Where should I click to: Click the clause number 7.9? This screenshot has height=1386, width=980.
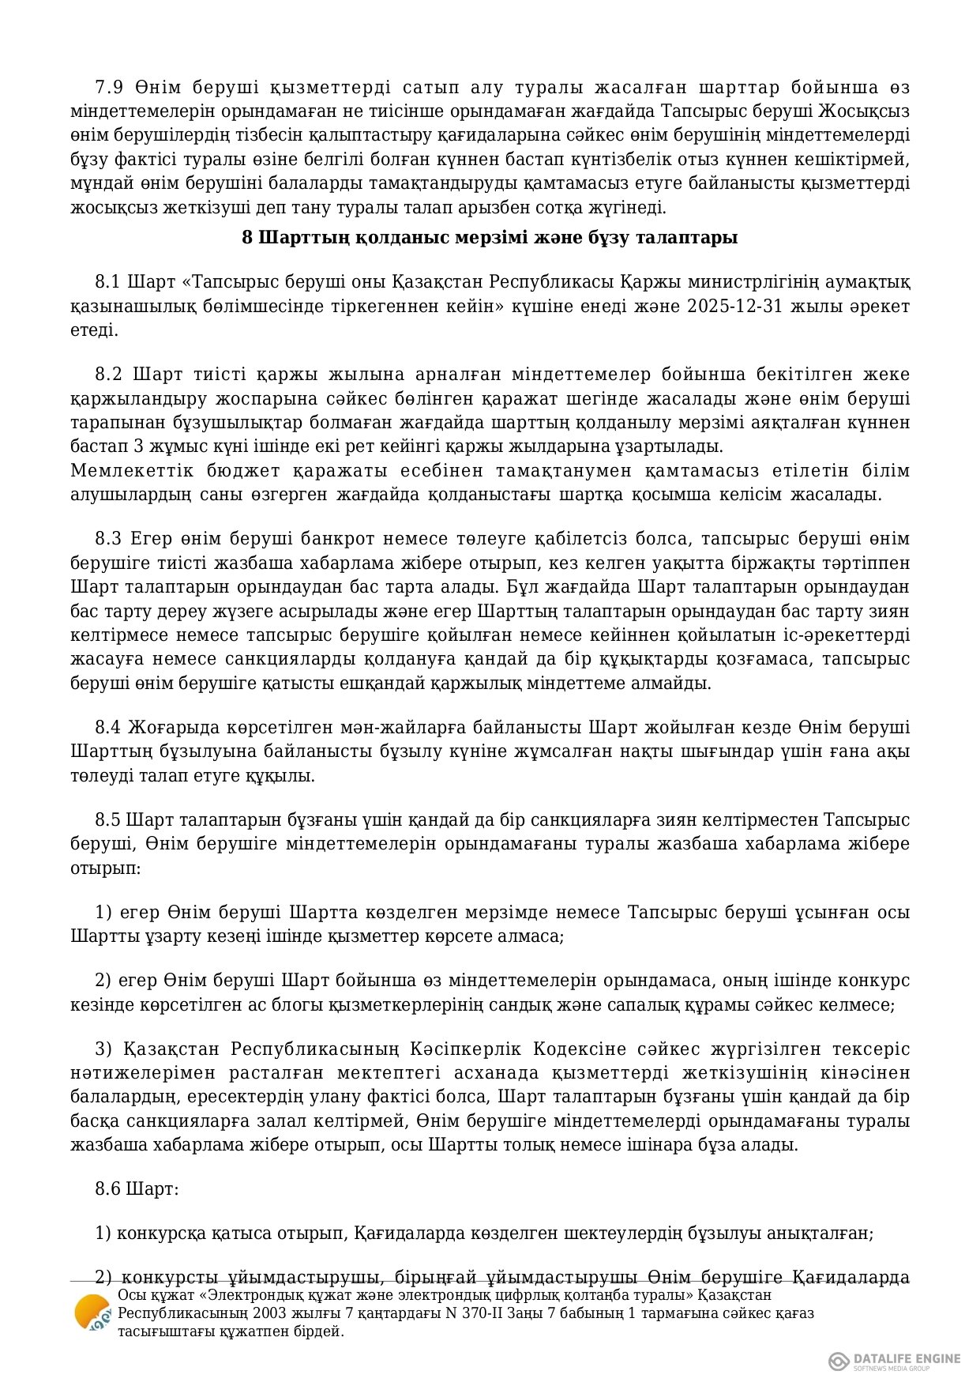click(x=108, y=87)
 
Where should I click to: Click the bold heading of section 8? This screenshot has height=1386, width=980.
click(x=490, y=237)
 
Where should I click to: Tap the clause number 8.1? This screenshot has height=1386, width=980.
click(x=107, y=282)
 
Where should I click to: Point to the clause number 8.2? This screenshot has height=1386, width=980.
click(x=108, y=374)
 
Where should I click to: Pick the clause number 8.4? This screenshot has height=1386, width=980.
click(x=108, y=727)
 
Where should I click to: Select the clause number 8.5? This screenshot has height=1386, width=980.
click(x=107, y=819)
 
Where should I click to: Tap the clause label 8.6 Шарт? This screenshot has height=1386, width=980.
click(x=137, y=1188)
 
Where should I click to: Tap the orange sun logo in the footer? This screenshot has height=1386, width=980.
click(x=91, y=1313)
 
